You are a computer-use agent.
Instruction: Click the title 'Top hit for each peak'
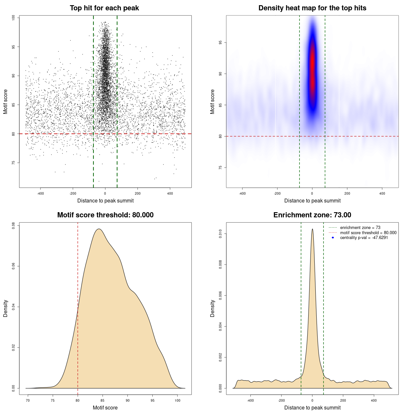point(104,8)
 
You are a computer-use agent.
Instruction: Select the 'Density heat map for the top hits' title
point(312,8)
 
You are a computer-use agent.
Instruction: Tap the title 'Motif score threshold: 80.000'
point(105,215)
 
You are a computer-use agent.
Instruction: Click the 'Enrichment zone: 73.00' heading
point(312,215)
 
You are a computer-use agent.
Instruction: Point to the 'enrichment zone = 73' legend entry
point(360,228)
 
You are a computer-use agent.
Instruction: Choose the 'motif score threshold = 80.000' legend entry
point(368,233)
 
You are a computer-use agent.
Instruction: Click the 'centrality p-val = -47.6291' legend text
point(364,238)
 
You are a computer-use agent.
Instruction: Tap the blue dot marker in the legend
point(333,238)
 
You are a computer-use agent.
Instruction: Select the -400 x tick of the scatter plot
point(40,194)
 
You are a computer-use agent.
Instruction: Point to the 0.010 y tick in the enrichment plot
point(221,234)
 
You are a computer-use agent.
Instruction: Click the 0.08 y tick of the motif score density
point(14,225)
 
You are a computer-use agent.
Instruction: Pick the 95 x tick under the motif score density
point(152,401)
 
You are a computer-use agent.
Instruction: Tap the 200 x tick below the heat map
point(347,194)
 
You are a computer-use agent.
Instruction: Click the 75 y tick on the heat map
point(221,168)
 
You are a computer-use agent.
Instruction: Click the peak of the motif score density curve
point(99,229)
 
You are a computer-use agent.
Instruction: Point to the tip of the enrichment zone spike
point(312,229)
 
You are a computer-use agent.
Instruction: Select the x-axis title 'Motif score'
point(105,408)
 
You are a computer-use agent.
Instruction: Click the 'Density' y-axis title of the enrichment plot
point(212,308)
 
